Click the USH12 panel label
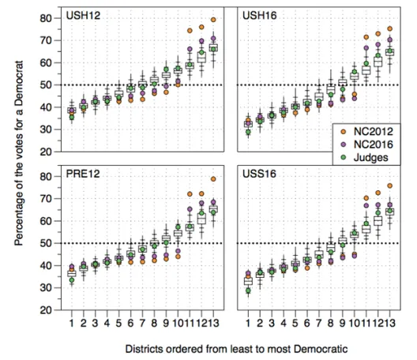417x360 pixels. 83,16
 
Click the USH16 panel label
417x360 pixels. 259,16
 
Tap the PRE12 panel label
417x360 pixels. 83,174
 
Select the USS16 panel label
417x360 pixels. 259,174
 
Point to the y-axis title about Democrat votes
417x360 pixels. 19,153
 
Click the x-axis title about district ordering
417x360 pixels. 236,349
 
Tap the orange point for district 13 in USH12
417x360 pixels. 213,20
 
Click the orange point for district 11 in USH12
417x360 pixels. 190,31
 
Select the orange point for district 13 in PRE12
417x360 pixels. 213,179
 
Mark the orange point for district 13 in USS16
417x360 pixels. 389,186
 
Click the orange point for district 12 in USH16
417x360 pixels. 378,34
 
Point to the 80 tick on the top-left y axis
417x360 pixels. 46,18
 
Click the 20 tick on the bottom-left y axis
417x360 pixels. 46,310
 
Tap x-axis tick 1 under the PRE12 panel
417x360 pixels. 72,323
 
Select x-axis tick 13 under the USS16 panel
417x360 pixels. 389,323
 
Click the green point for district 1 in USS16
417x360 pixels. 248,291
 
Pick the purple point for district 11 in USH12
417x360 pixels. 190,49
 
